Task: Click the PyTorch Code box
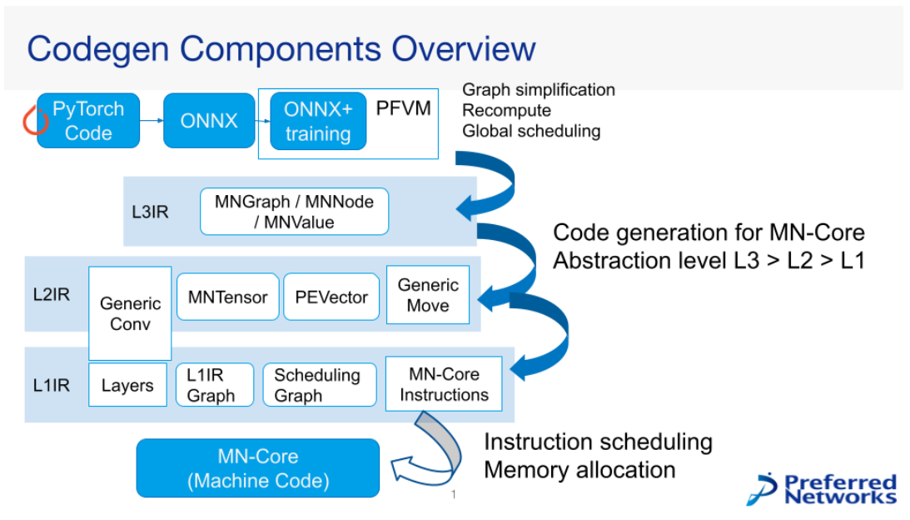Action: click(88, 121)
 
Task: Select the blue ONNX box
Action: click(209, 121)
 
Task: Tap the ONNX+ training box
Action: click(318, 121)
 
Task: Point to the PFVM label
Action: click(403, 108)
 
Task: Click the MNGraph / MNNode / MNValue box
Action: click(294, 212)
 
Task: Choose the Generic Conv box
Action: click(130, 313)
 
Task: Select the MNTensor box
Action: click(228, 297)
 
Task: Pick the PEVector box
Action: click(331, 297)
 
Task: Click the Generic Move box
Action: click(428, 294)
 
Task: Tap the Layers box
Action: click(127, 385)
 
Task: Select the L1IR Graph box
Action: click(215, 385)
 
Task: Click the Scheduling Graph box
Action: click(320, 385)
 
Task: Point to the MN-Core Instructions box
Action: click(444, 383)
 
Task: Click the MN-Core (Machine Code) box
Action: click(258, 468)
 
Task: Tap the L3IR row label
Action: click(151, 212)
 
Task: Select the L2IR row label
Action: click(52, 294)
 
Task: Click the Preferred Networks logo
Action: click(822, 489)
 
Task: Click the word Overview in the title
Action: click(464, 48)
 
